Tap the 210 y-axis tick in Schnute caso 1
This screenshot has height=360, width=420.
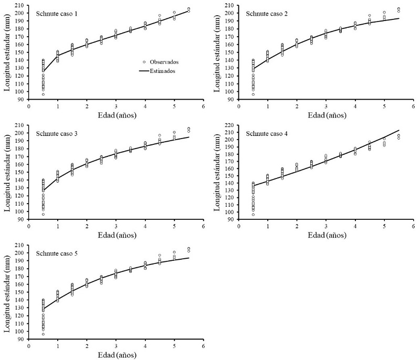[22, 5]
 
